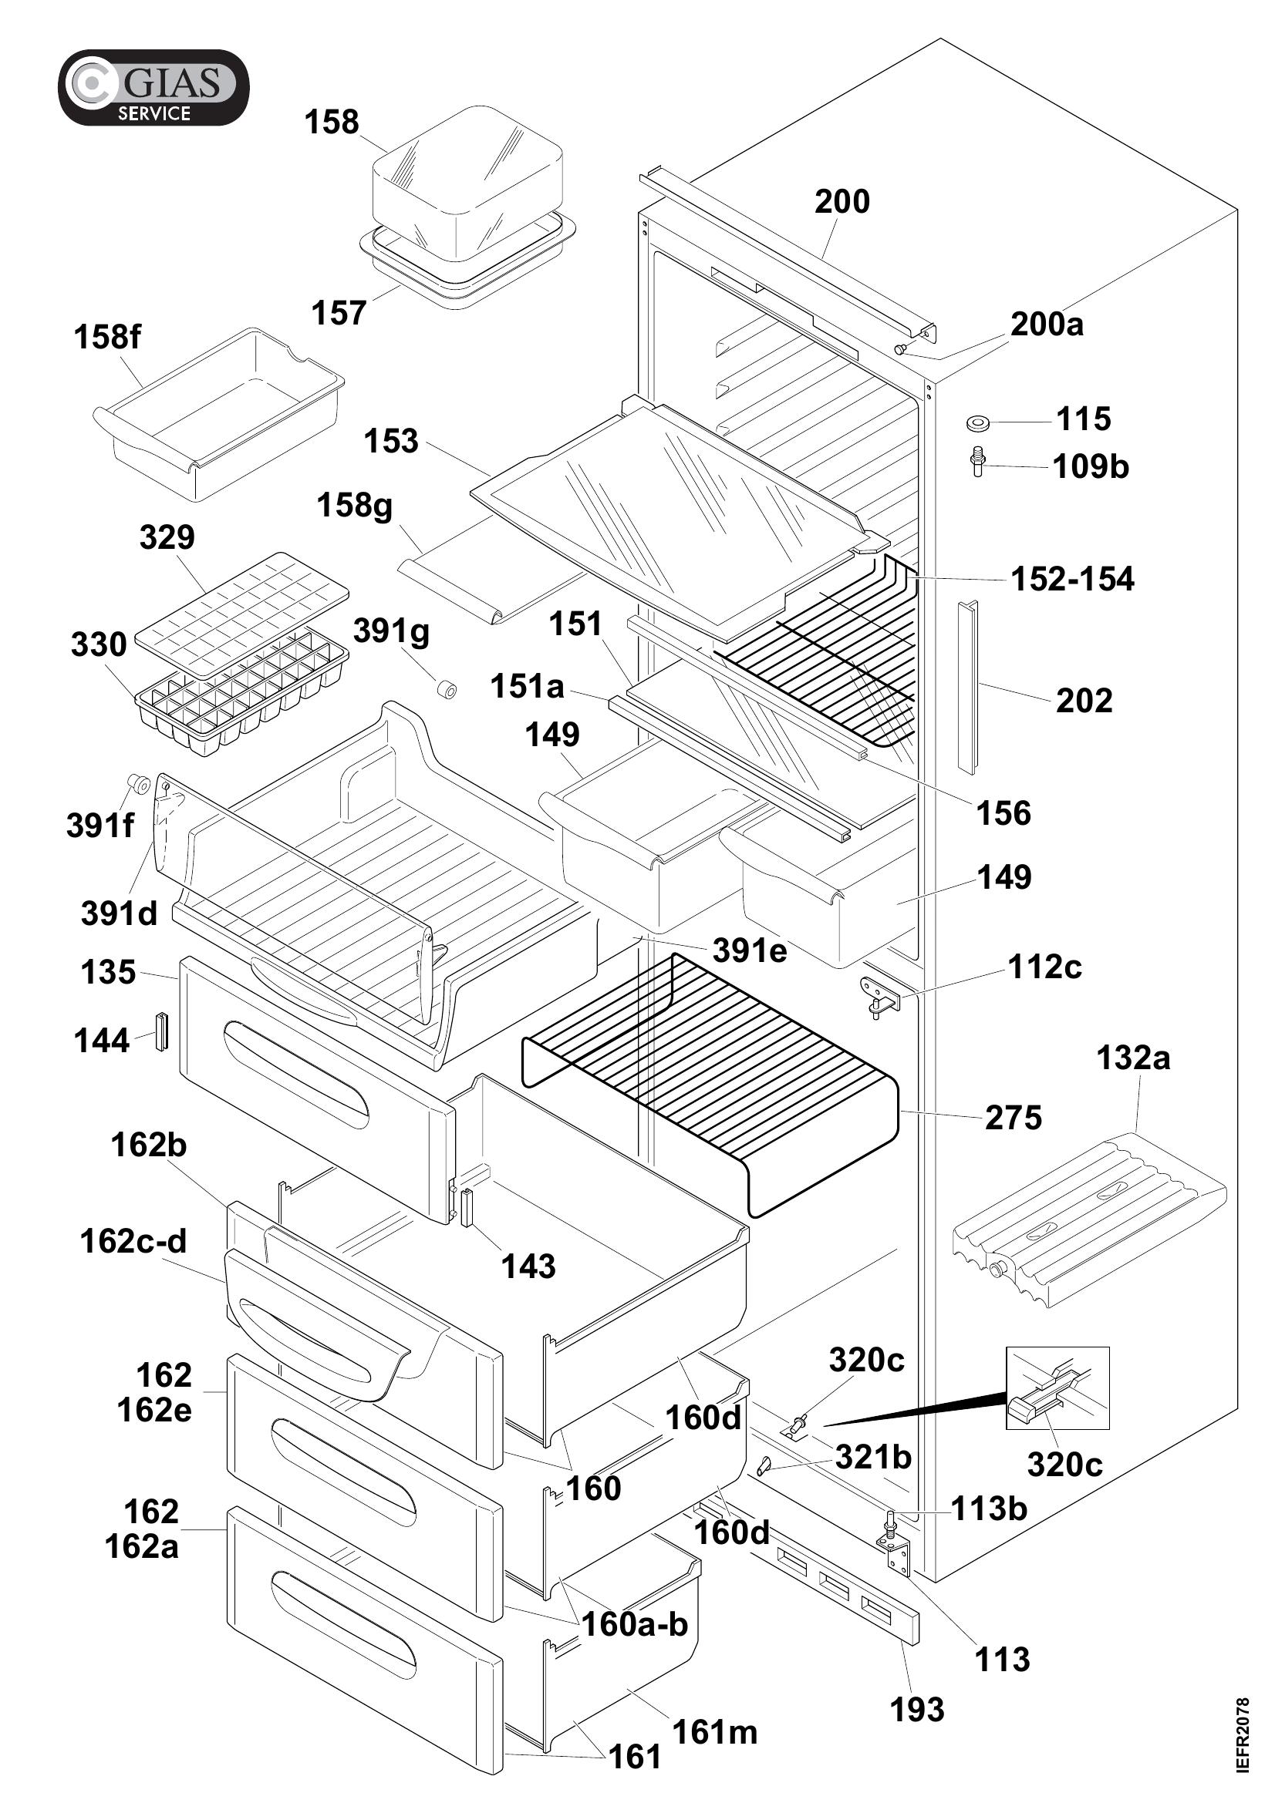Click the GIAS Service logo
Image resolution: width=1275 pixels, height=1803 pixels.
pyautogui.click(x=154, y=87)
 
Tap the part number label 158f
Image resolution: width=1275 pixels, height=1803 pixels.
pyautogui.click(x=108, y=338)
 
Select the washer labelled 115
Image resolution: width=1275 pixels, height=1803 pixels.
pyautogui.click(x=977, y=423)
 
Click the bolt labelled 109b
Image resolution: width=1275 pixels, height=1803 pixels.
pyautogui.click(x=977, y=462)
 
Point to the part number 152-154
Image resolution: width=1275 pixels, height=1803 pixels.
pyautogui.click(x=1072, y=580)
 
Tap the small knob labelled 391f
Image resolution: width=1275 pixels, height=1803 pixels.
pyautogui.click(x=139, y=784)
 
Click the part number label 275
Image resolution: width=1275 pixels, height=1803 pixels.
pyautogui.click(x=1014, y=1118)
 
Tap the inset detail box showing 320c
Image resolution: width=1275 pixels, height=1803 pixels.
pyautogui.click(x=1057, y=1388)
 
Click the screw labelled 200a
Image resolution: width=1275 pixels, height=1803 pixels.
pyautogui.click(x=901, y=348)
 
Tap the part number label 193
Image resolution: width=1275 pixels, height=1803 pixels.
pyautogui.click(x=917, y=1709)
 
